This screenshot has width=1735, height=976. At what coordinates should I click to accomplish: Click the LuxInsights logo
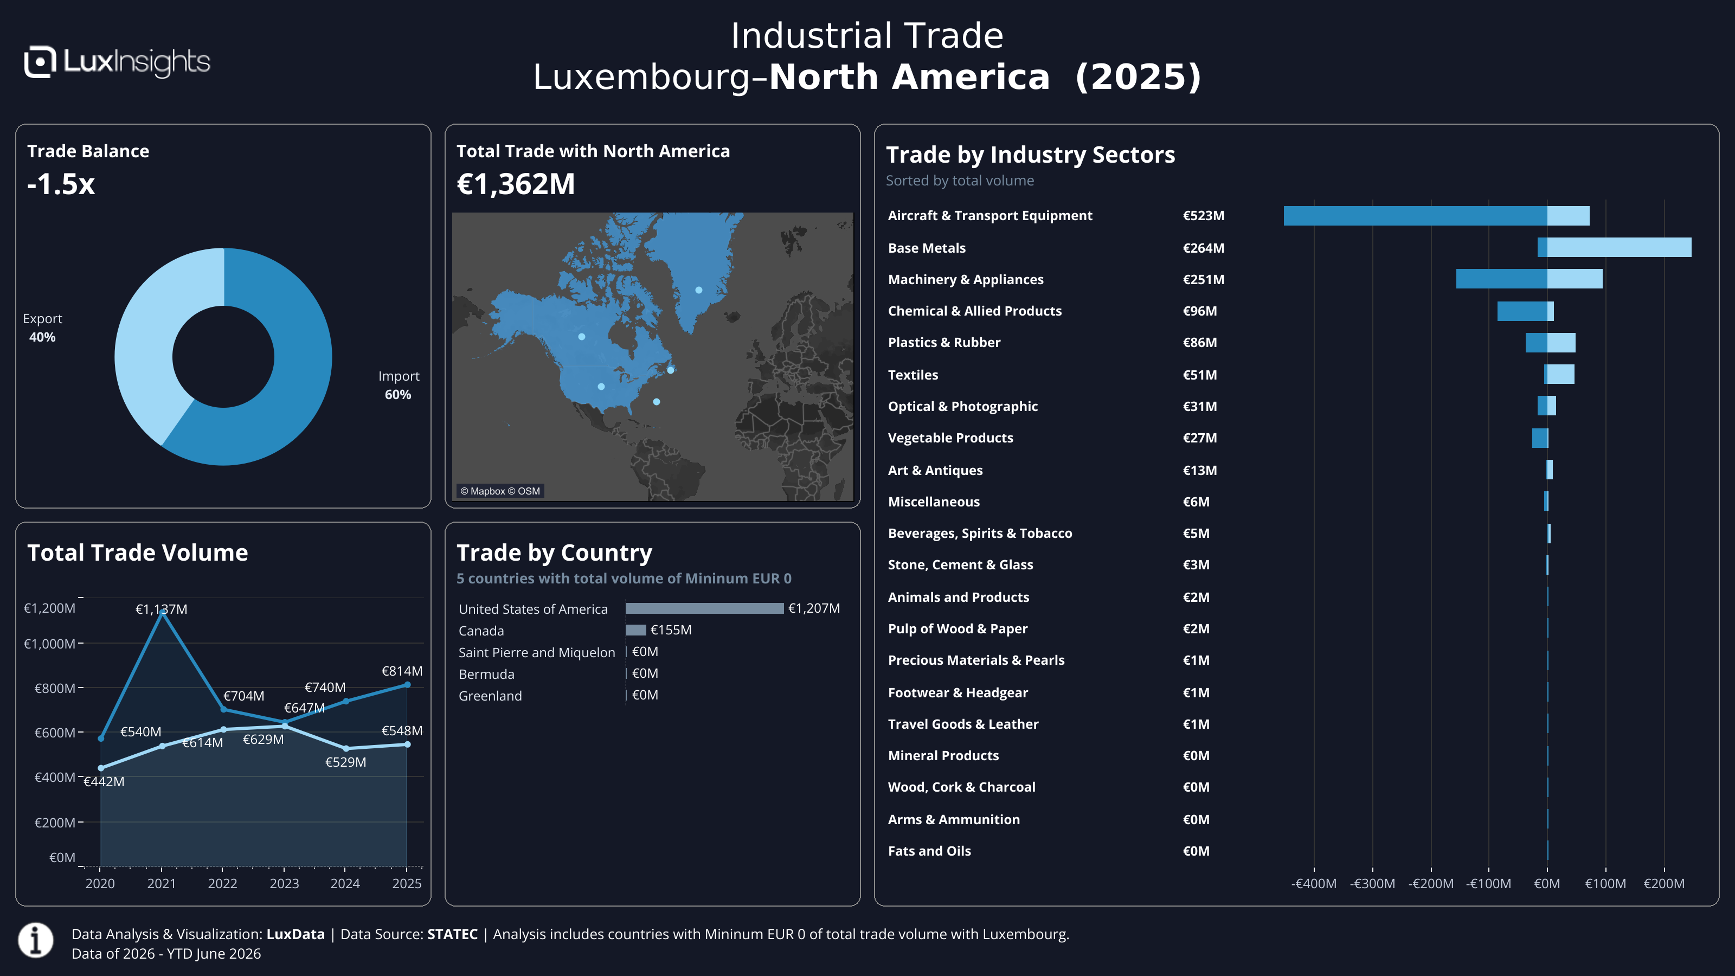(117, 62)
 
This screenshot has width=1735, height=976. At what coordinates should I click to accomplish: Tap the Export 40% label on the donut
(42, 328)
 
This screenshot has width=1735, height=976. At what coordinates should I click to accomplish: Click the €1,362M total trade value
(516, 184)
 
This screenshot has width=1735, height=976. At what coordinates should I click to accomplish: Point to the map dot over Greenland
(699, 290)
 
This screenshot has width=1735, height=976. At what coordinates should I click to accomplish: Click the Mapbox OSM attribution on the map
(500, 491)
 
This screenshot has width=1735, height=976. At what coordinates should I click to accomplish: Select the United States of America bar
(704, 608)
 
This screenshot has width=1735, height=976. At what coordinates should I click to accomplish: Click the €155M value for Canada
(671, 630)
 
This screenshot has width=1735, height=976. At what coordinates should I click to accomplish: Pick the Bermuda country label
(486, 674)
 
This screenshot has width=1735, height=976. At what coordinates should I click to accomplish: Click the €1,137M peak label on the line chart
(162, 609)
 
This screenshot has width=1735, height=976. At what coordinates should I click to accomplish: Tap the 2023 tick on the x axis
(284, 883)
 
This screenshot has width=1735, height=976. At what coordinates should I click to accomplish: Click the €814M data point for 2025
(408, 685)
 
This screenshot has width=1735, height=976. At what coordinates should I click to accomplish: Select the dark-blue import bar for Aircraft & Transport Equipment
(1415, 216)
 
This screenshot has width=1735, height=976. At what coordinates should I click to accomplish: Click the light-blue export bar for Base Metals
(1619, 247)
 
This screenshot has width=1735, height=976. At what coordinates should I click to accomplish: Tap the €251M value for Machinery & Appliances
(1204, 280)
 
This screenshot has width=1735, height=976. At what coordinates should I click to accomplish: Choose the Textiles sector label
(913, 375)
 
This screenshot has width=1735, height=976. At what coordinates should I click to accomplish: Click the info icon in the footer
(36, 940)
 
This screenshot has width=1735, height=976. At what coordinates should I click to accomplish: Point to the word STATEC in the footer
(453, 934)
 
